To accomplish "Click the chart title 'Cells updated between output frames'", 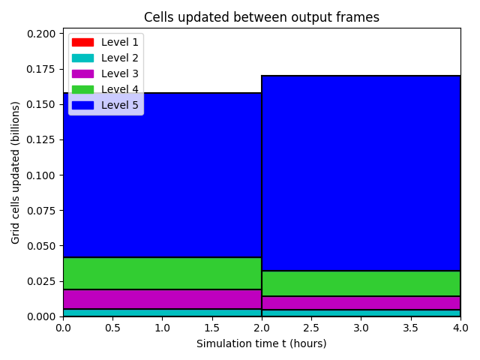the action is [x=262, y=17].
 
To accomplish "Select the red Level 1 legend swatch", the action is [x=82, y=42].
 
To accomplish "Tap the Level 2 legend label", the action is [x=120, y=58].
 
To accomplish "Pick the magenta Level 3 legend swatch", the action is [x=82, y=73].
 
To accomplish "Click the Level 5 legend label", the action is [x=120, y=105].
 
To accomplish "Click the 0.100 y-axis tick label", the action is [x=41, y=175].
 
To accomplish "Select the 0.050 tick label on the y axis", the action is [x=41, y=246].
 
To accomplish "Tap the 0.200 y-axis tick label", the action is [x=41, y=34].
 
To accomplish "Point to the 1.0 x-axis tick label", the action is [x=162, y=328].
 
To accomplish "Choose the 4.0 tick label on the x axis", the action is [x=460, y=328].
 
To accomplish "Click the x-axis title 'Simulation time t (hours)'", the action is [x=262, y=343].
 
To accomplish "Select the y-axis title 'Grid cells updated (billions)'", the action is [x=15, y=172].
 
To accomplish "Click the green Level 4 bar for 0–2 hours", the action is [x=162, y=273].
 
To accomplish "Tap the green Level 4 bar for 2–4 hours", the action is [x=361, y=283].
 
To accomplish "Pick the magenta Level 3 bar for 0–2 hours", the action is [x=162, y=299].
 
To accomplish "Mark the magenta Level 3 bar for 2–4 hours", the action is [x=361, y=303].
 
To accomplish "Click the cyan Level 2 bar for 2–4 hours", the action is [x=361, y=313].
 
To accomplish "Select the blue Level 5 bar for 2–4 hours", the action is [x=361, y=173].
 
